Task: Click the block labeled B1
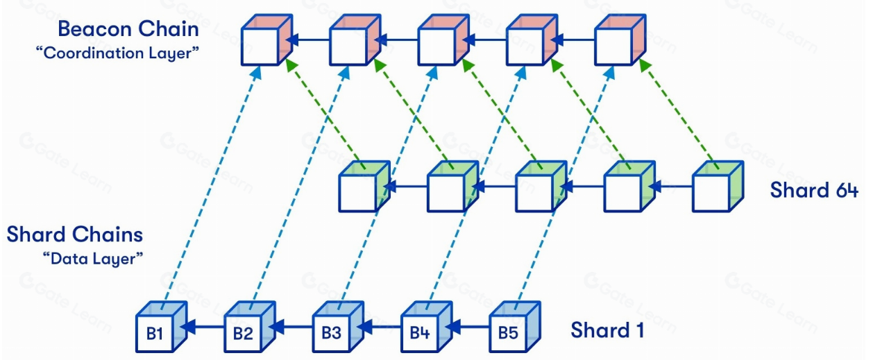[155, 333]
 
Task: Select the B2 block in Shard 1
[244, 333]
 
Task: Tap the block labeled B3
[332, 333]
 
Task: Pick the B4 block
[420, 333]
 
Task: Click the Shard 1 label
[607, 330]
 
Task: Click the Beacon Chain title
[128, 28]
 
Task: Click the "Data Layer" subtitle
[93, 258]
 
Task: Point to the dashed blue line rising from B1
[208, 187]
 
